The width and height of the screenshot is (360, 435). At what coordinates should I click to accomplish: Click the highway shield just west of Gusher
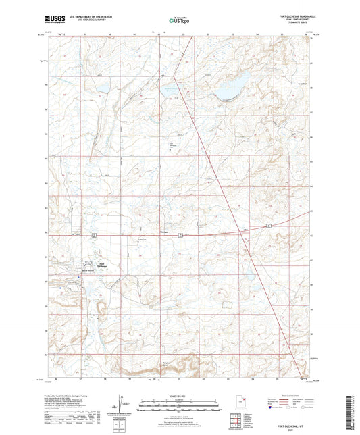pyautogui.click(x=180, y=234)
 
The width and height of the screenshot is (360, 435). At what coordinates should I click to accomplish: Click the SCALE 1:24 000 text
pyautogui.click(x=180, y=396)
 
